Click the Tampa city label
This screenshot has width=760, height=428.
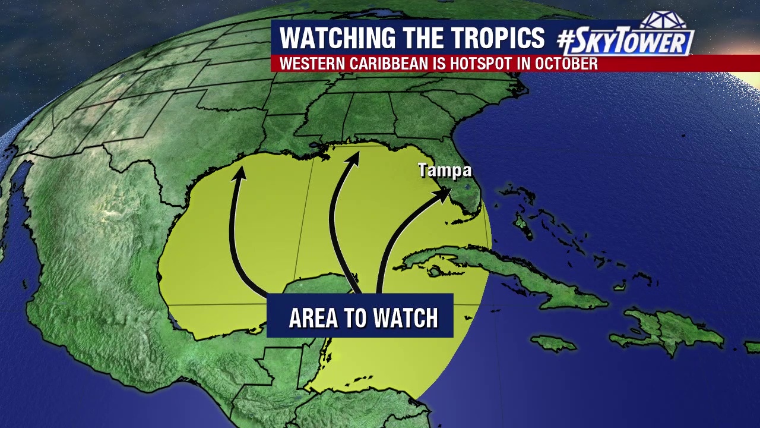point(445,171)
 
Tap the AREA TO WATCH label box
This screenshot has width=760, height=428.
point(360,316)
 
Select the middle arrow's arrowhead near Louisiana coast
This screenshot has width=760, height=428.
point(354,156)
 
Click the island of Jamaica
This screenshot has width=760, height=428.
point(553,343)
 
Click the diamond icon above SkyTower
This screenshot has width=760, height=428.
point(663,20)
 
